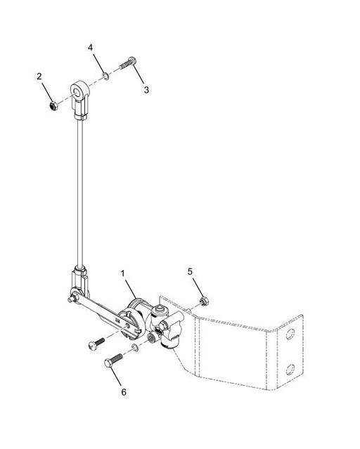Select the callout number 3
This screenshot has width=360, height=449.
(146, 90)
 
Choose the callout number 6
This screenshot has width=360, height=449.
(124, 392)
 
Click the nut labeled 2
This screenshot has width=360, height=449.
(53, 105)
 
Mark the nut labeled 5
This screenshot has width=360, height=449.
(202, 301)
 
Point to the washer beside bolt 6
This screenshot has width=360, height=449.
(134, 349)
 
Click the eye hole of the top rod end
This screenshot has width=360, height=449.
(77, 90)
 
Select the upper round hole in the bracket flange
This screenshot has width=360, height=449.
(290, 334)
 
